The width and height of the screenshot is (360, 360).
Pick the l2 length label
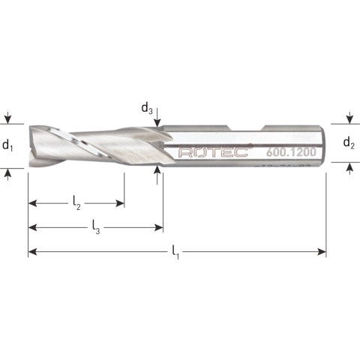[76, 202]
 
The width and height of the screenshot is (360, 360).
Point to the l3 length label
[97, 225]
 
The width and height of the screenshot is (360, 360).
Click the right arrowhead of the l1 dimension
[322, 251]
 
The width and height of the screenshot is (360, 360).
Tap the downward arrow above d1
[8, 119]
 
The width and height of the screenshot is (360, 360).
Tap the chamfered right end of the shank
[323, 143]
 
